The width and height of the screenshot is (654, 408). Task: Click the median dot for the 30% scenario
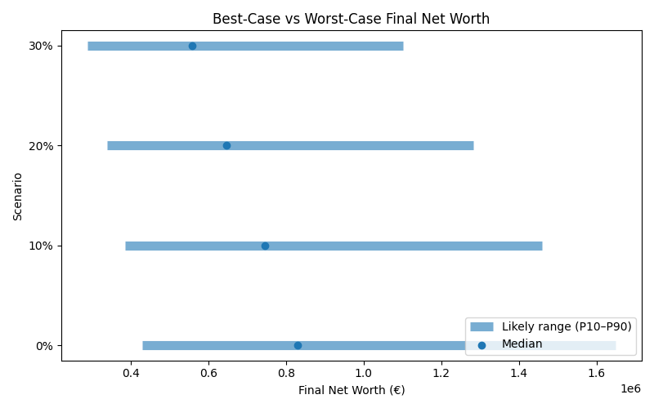[x=192, y=46]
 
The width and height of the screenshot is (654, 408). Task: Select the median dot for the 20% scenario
[x=226, y=145]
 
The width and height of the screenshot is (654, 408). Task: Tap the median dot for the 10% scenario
[x=265, y=246]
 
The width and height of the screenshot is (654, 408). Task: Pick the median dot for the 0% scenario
[x=298, y=345]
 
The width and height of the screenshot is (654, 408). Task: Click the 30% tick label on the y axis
[x=41, y=46]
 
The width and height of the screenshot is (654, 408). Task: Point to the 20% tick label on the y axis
[x=41, y=145]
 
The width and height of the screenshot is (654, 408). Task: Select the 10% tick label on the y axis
[x=41, y=246]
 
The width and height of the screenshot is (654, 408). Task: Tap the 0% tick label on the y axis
[x=44, y=345]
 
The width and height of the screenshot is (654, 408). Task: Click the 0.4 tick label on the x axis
[x=131, y=375]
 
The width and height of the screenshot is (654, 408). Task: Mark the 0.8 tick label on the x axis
[x=286, y=375]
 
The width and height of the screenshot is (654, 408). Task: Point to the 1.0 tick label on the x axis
[x=364, y=375]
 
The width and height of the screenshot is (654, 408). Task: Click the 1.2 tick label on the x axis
[x=441, y=375]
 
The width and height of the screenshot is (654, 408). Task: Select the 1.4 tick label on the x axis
[x=519, y=375]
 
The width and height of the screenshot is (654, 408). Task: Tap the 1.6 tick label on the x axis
[x=597, y=375]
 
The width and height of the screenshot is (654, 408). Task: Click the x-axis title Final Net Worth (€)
[x=352, y=390]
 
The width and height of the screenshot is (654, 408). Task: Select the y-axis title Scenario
[x=18, y=195]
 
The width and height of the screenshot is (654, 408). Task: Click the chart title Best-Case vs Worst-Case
[x=352, y=19]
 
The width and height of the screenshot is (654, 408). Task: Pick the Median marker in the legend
[x=482, y=344]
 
